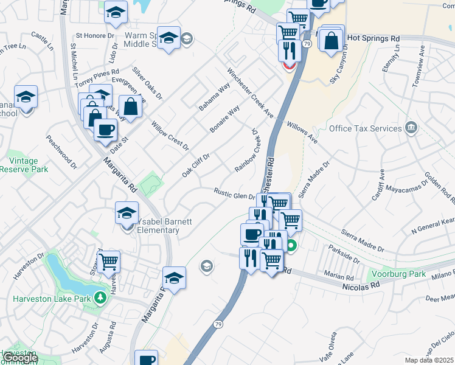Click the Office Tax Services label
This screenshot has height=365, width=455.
[x=365, y=128]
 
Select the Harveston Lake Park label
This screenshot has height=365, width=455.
[x=52, y=299]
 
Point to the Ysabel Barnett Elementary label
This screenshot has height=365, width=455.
[x=158, y=226]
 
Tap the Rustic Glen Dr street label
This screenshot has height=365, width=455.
[x=233, y=194]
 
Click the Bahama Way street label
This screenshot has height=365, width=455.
[x=215, y=96]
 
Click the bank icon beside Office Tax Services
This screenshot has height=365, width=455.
[x=411, y=128]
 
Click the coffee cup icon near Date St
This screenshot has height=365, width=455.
[x=105, y=130]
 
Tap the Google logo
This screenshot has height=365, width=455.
[x=20, y=358]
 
